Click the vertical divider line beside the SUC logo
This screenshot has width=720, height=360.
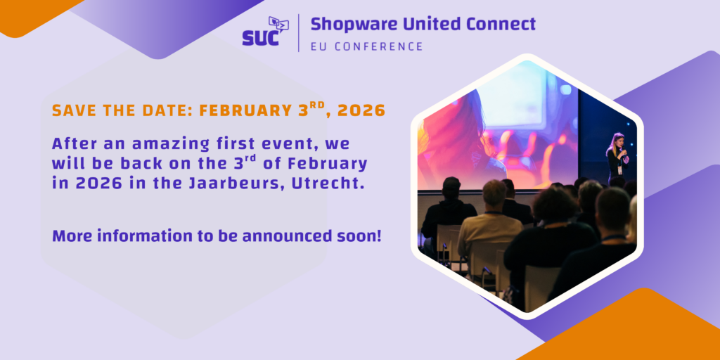click(299, 32)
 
